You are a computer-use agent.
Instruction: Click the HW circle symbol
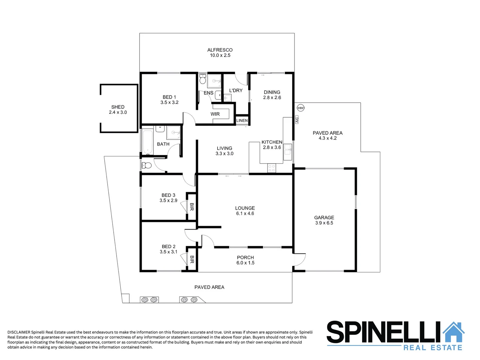click(300, 108)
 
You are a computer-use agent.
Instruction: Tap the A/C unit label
click(297, 120)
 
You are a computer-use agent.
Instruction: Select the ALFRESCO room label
click(220, 50)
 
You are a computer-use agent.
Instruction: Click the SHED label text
click(118, 107)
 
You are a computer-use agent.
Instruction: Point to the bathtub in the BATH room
click(147, 143)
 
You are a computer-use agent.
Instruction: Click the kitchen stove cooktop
click(271, 168)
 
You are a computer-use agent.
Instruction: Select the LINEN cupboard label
click(242, 121)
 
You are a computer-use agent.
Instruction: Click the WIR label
click(215, 114)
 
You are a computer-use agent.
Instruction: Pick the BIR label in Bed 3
click(192, 207)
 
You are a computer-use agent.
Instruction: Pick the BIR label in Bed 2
click(192, 259)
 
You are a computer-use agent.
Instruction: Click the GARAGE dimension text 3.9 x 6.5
click(324, 223)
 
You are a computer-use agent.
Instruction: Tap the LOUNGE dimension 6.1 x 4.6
click(245, 213)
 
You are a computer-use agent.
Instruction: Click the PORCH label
click(245, 257)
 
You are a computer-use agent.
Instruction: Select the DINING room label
click(272, 92)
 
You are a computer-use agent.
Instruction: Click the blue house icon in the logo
click(453, 332)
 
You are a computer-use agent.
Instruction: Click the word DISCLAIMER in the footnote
click(19, 332)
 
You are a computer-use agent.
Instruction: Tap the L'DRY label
click(236, 90)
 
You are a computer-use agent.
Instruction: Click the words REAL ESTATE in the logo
click(433, 348)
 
